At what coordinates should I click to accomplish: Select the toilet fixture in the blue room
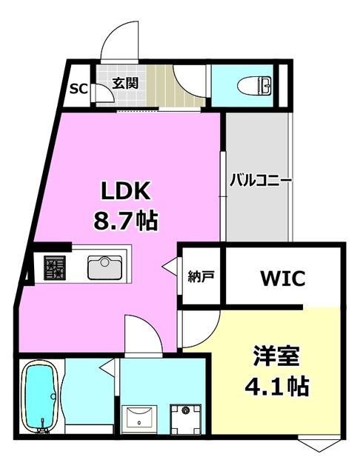253,85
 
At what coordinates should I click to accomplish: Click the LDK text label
126,192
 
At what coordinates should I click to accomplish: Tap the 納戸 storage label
201,278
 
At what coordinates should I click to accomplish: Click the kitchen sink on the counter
104,267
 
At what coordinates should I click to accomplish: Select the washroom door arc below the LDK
144,333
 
